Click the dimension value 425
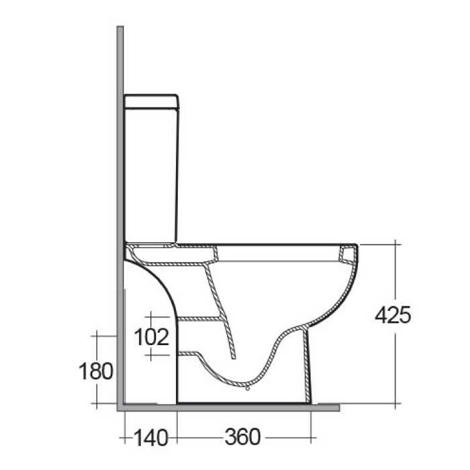tap(393, 314)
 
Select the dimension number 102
tap(152, 335)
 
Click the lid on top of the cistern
tap(152, 101)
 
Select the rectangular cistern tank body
tap(152, 175)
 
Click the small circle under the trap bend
tap(247, 387)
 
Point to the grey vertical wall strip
tap(120, 201)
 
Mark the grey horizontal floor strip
tap(228, 407)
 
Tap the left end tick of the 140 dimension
tap(126, 438)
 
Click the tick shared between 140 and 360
tap(177, 438)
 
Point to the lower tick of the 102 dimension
tap(152, 352)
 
